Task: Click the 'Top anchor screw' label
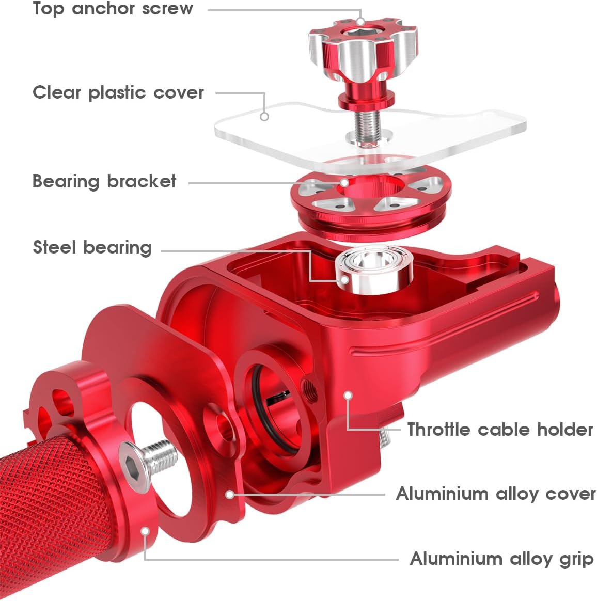(x=113, y=9)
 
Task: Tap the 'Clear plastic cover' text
(x=118, y=93)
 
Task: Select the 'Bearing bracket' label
(x=104, y=182)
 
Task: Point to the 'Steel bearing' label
(x=92, y=247)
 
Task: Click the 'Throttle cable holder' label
(x=500, y=430)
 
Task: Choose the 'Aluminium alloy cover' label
(x=495, y=494)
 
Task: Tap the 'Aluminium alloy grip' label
(x=501, y=559)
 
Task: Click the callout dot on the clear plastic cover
(x=264, y=117)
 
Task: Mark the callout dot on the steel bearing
(x=344, y=280)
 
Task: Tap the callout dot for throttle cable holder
(x=349, y=396)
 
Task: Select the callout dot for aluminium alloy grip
(x=146, y=531)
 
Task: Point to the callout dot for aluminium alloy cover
(x=230, y=495)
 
